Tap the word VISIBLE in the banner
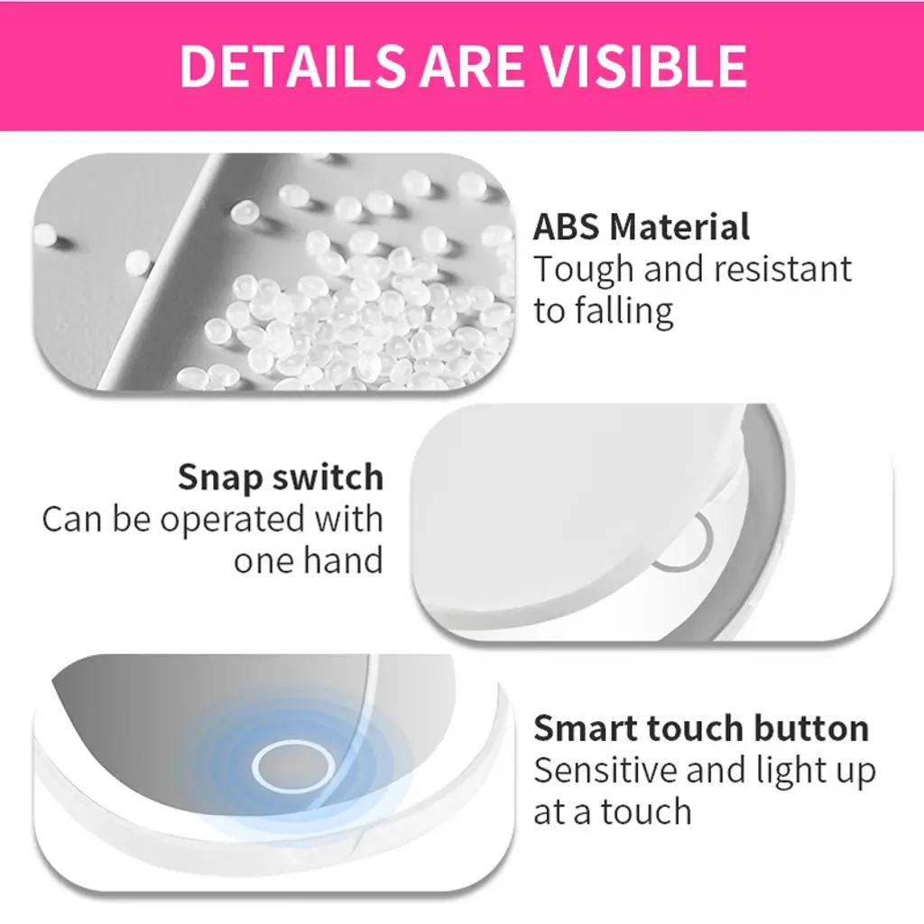[x=644, y=65]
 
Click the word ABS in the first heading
[x=566, y=226]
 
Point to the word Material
[x=679, y=226]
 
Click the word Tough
[x=584, y=271]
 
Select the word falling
[x=624, y=311]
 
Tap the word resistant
[x=783, y=269]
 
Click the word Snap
[x=220, y=478]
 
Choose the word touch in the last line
[x=646, y=812]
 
